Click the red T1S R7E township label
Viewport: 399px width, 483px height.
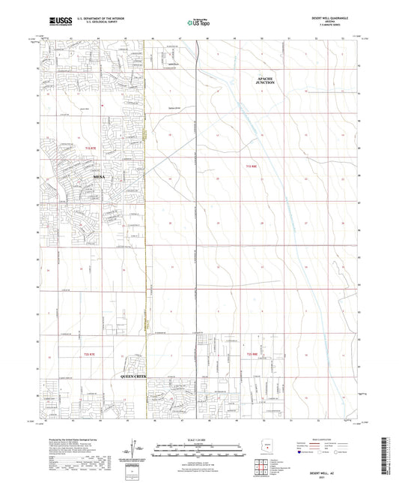tap(91, 150)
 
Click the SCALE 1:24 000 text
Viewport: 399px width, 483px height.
tap(198, 441)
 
